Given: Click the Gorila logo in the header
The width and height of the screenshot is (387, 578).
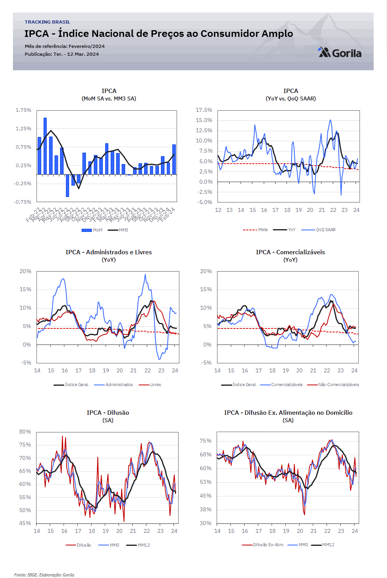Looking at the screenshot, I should (340, 53).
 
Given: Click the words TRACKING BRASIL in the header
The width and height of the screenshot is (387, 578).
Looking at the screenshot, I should (47, 22).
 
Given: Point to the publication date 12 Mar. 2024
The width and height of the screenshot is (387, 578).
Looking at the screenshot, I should (83, 54).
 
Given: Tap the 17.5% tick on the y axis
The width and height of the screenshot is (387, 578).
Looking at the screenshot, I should (204, 110).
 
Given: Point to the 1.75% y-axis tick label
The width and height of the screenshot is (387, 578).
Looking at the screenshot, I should (24, 110).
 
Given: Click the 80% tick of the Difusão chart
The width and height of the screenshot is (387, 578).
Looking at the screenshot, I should (25, 432).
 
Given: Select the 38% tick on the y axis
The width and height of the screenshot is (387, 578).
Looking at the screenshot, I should (205, 509).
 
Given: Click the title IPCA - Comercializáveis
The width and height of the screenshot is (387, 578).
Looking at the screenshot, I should (290, 252).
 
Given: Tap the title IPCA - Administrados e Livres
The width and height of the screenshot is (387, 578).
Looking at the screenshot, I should (109, 252).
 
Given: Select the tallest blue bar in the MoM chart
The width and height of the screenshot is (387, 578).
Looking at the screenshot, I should (45, 146).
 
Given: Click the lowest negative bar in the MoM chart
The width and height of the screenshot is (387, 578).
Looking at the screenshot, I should (68, 186).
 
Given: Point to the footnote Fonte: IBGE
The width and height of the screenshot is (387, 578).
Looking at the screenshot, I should (44, 575).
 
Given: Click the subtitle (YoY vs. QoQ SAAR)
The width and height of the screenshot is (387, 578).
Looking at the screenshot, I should (290, 98).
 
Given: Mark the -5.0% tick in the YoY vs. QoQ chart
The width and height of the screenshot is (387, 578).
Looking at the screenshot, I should (205, 202).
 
